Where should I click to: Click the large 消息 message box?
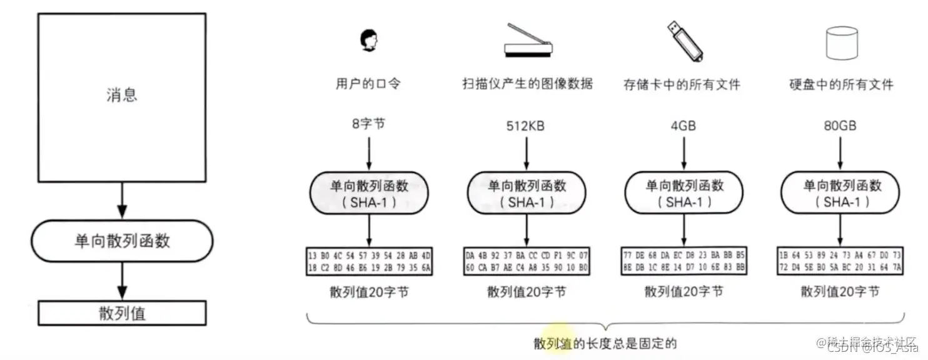122,95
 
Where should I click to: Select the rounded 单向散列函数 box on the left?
122,241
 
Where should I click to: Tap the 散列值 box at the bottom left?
122,312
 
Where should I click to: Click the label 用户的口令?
369,84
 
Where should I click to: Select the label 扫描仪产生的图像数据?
527,84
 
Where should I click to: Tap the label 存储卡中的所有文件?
683,84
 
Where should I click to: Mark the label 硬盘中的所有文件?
840,84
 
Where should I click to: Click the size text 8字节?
369,124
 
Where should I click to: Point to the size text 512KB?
525,126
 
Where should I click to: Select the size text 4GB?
683,126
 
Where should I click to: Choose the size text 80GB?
840,126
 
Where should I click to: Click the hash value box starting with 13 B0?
370,262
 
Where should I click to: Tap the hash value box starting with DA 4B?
527,262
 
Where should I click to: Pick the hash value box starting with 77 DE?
683,262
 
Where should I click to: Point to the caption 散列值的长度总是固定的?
605,343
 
